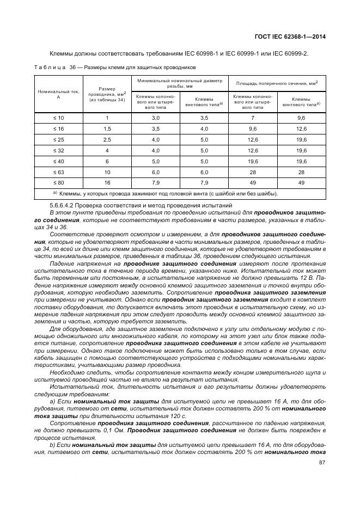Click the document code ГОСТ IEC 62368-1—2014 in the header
[x=294, y=38]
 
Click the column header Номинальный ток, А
[x=58, y=94]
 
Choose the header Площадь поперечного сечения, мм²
[x=277, y=83]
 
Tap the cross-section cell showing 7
[x=253, y=118]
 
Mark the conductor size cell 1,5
[x=107, y=129]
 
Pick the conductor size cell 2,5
[x=107, y=139]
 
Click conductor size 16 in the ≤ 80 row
[x=107, y=182]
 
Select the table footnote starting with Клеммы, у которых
[x=168, y=193]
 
